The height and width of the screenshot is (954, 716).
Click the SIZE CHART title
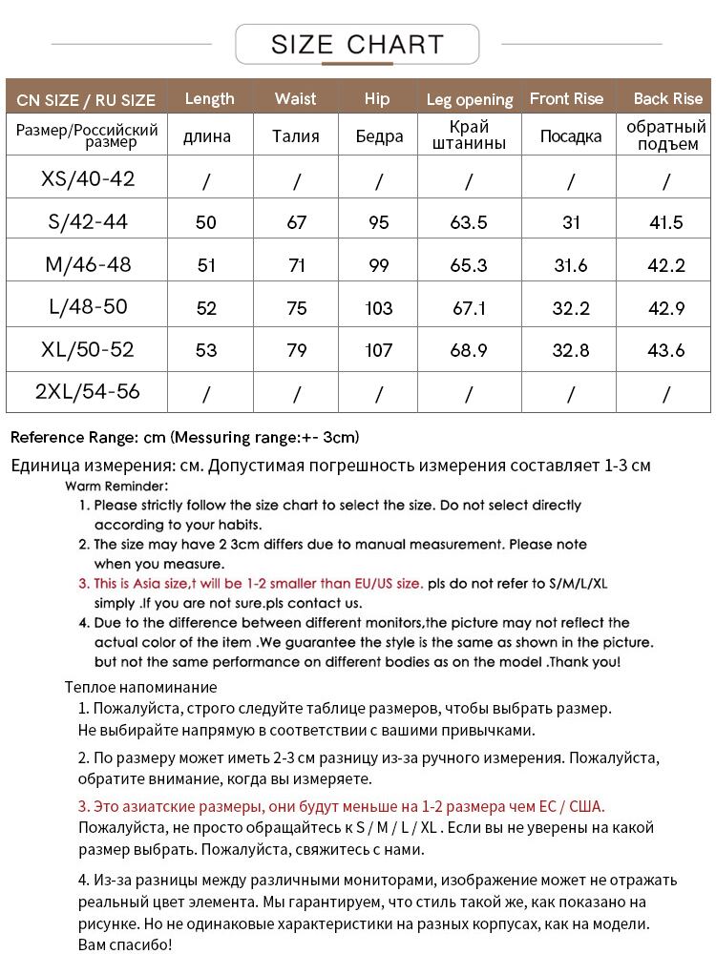357,44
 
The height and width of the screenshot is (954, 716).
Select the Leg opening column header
470,99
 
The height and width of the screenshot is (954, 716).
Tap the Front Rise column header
567,98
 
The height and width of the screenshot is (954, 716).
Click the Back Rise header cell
667,98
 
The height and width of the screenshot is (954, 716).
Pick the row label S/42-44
88,222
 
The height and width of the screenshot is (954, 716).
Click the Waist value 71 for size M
297,265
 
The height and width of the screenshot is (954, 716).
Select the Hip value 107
379,350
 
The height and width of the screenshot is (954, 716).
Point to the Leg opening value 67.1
469,308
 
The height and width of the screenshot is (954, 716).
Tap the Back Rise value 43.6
666,350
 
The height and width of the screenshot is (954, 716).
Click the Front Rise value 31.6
571,265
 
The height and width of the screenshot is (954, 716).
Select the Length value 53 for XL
206,350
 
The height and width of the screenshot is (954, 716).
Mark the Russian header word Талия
296,136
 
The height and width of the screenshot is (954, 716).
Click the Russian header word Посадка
571,136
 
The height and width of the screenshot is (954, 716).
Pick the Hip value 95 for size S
379,222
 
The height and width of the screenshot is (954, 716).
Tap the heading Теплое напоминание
140,687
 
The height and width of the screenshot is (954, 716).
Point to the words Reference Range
73,437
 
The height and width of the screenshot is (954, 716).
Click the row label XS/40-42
88,178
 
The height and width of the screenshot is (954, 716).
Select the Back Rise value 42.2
666,265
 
